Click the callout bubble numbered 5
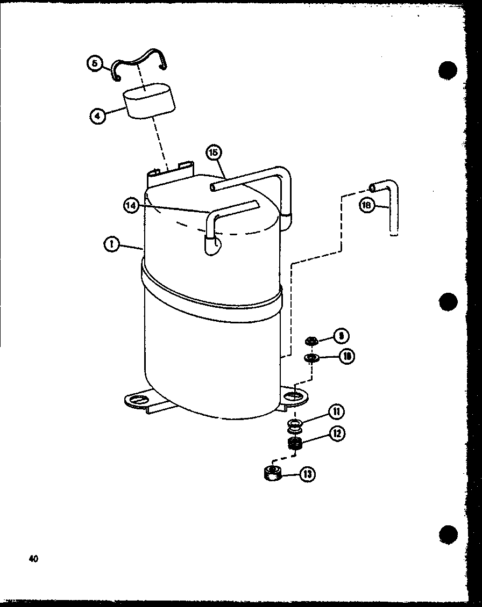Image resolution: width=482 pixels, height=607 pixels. click(94, 64)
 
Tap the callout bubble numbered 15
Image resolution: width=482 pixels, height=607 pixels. click(214, 153)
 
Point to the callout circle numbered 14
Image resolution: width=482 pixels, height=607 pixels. click(131, 205)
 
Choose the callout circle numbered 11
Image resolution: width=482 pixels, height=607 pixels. click(337, 413)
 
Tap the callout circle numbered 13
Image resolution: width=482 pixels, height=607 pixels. click(307, 474)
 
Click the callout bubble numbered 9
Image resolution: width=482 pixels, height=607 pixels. click(341, 336)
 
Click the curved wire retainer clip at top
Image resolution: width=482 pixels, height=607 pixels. click(141, 60)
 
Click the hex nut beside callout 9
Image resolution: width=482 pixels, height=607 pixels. click(310, 341)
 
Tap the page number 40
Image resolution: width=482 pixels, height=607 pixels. click(33, 559)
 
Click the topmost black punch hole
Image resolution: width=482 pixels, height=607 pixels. click(447, 71)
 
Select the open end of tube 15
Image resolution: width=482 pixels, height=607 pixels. click(212, 187)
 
